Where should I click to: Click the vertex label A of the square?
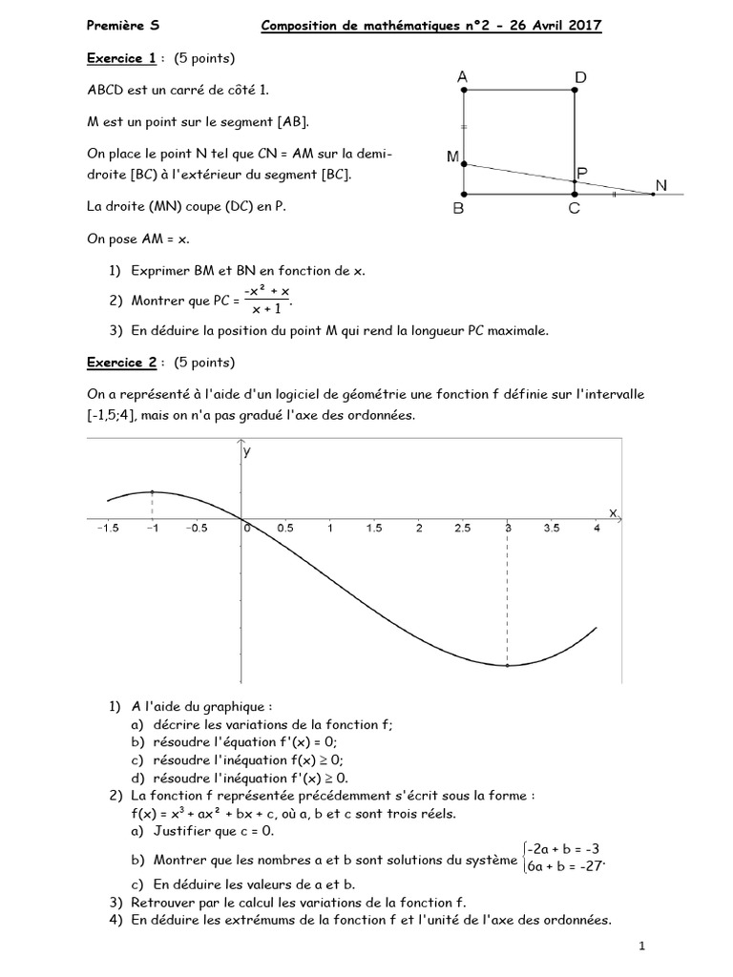[462, 75]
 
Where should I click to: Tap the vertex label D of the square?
[581, 75]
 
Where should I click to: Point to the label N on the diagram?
[661, 184]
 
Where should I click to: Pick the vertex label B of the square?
[458, 211]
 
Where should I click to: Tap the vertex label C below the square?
[575, 211]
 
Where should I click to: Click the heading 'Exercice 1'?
[121, 59]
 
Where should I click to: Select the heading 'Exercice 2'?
[121, 363]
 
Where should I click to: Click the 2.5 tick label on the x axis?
[463, 527]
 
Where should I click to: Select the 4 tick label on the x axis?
[597, 527]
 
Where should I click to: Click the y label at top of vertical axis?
[246, 453]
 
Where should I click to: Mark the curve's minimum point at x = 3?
[508, 665]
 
